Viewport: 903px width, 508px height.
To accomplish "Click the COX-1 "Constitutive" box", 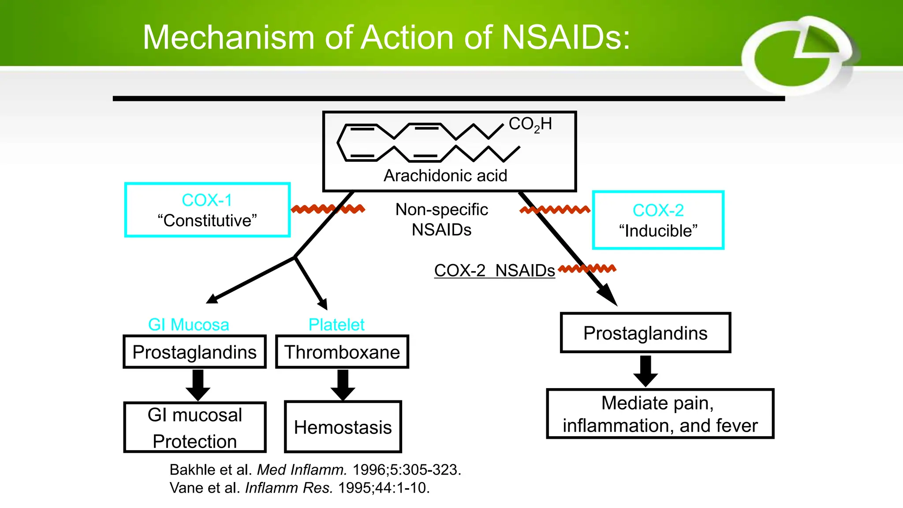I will tap(207, 210).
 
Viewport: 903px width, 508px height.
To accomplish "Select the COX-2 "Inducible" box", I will tap(658, 220).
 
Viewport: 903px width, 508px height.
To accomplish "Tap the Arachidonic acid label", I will tap(445, 176).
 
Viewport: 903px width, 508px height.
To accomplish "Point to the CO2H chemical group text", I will tap(530, 124).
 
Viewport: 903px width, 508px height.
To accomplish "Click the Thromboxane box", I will tap(342, 352).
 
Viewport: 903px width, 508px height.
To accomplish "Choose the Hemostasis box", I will tap(343, 427).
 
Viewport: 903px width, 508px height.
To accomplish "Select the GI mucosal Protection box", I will tap(194, 427).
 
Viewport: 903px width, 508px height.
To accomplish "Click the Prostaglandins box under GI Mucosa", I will tap(194, 352).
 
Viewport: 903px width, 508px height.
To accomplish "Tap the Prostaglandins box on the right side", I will tap(645, 333).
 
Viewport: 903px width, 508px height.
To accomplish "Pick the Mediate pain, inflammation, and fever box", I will tap(660, 414).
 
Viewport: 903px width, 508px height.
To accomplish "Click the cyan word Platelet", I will tap(336, 325).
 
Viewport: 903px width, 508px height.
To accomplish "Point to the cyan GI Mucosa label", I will tap(188, 325).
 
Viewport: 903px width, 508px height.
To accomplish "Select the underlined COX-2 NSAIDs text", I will tap(494, 270).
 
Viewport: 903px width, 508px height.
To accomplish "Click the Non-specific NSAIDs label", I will tap(441, 220).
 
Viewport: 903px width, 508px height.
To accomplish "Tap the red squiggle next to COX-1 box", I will tap(328, 209).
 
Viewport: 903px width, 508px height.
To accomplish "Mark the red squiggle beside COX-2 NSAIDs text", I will tap(587, 268).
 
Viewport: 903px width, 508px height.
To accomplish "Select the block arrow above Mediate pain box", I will tap(646, 371).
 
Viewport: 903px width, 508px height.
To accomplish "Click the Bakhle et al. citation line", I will tap(315, 470).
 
